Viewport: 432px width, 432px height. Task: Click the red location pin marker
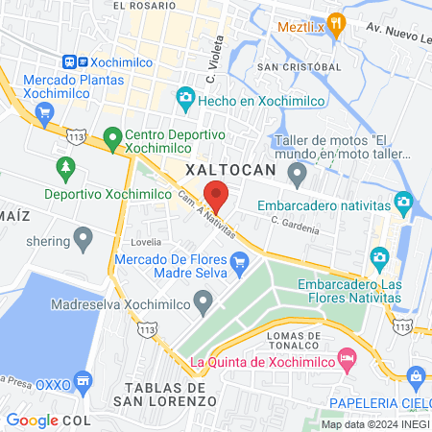coord(217,195)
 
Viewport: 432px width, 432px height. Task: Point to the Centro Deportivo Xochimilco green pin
coord(112,139)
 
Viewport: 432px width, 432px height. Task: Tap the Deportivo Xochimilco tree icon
coord(65,168)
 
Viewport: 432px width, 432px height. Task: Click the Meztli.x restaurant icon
coord(335,24)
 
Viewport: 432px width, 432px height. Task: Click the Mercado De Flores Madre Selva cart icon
coord(240,259)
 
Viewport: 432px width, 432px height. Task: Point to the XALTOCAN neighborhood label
coord(229,169)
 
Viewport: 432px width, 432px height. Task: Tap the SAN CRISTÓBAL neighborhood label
coord(299,66)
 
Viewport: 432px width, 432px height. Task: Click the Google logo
coord(33,420)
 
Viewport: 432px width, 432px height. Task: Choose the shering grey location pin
coord(84,236)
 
